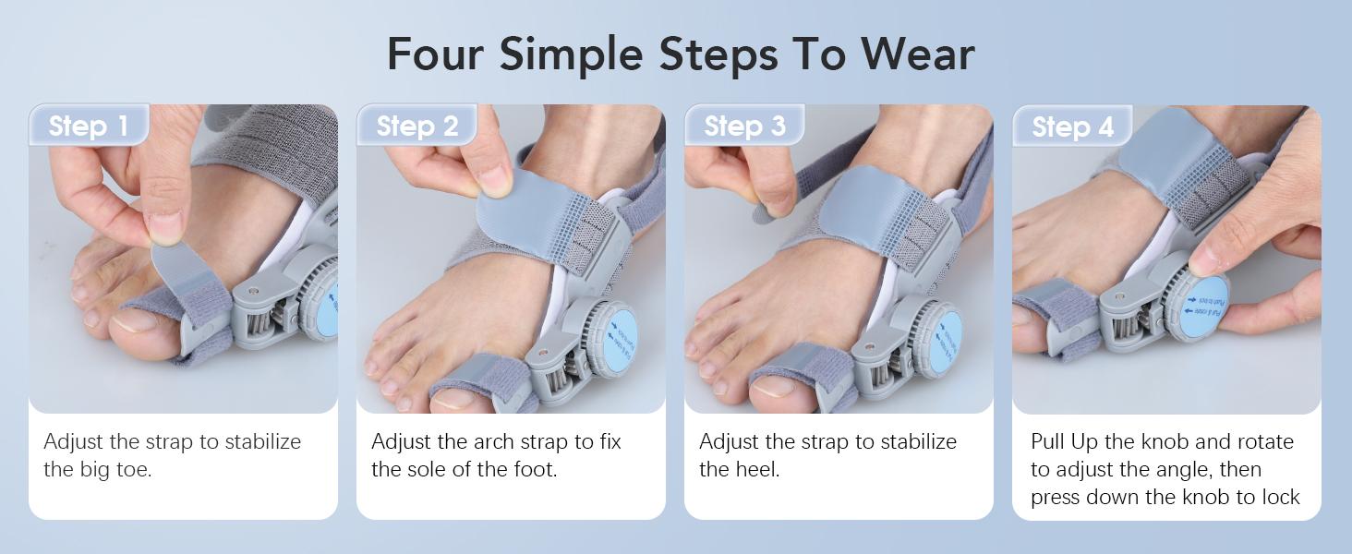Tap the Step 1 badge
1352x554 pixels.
point(88,126)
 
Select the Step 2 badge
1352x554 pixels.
point(416,126)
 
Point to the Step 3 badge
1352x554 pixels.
point(744,126)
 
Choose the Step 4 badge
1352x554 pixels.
point(1072,126)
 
